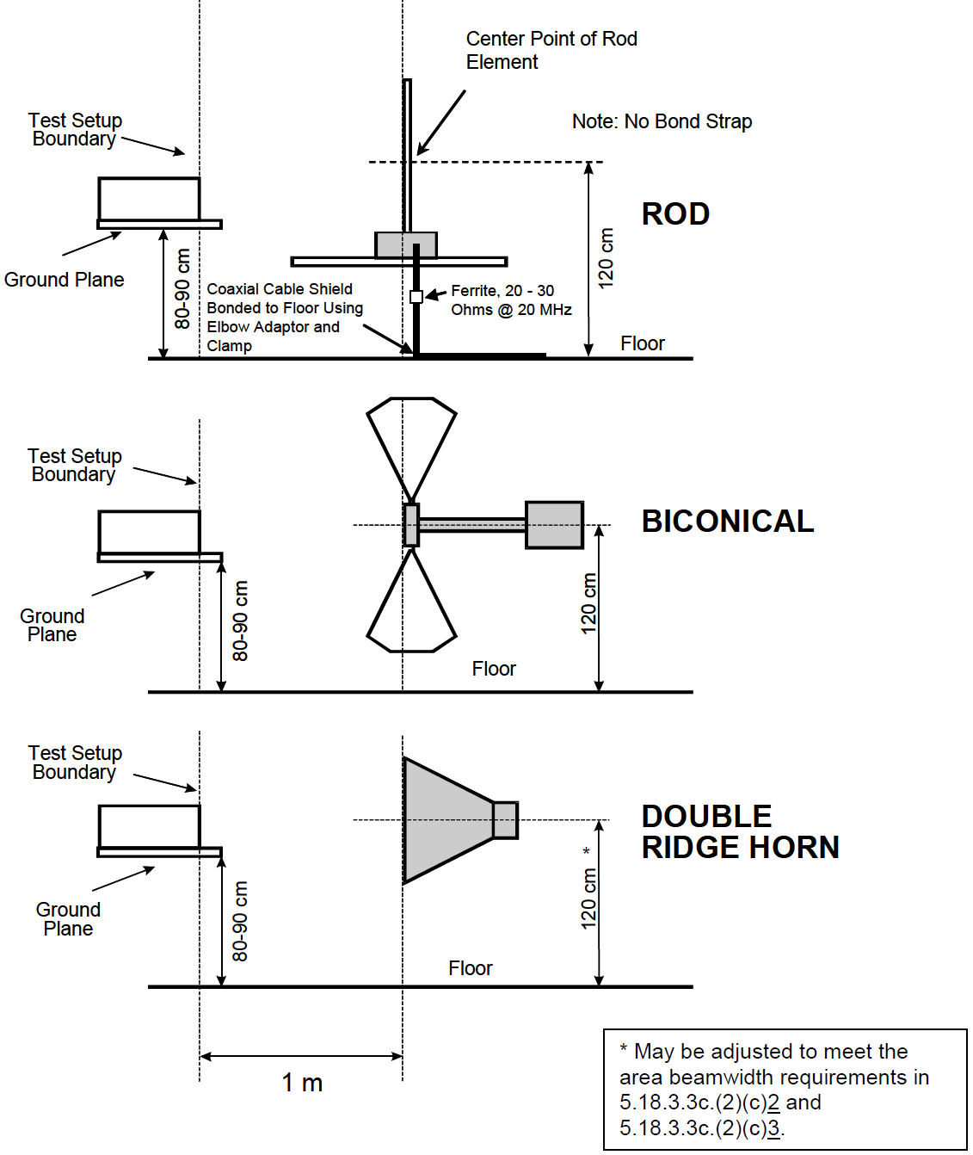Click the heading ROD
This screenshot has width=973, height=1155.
click(x=675, y=213)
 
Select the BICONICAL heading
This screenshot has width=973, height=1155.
click(x=727, y=521)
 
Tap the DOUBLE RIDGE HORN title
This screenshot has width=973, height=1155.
click(x=739, y=831)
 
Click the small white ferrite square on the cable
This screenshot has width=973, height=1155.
click(x=416, y=296)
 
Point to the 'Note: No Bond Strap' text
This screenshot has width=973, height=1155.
click(x=662, y=121)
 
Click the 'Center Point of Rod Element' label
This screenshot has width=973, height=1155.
click(x=551, y=50)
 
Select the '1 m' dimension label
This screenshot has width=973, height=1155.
click(x=302, y=1083)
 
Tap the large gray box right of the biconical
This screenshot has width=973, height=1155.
click(x=554, y=524)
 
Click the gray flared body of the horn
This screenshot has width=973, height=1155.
click(x=443, y=819)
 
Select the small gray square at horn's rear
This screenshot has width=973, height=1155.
click(x=505, y=820)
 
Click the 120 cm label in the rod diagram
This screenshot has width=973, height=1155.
click(x=607, y=258)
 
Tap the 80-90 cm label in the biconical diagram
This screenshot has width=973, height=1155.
click(x=240, y=621)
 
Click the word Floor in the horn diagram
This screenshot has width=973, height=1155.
click(x=470, y=968)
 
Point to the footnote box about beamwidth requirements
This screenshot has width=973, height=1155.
click(x=785, y=1089)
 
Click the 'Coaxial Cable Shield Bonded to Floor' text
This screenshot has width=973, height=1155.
click(x=284, y=317)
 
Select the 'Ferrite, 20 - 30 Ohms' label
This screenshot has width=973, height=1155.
click(x=511, y=300)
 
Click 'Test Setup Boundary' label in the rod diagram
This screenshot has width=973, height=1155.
click(x=75, y=130)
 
